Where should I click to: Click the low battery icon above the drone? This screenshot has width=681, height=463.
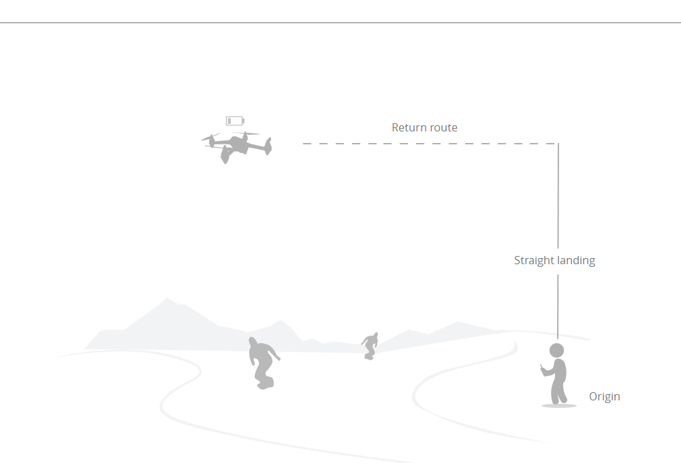(235, 121)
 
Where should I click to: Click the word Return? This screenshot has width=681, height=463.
(407, 127)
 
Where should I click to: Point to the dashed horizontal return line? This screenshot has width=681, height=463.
(430, 144)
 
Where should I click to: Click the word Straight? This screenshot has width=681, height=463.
(534, 261)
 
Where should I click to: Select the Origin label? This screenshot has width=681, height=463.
(605, 396)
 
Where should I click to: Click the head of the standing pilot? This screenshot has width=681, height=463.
(557, 351)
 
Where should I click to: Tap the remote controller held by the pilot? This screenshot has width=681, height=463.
(541, 368)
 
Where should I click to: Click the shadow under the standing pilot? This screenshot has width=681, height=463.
(559, 406)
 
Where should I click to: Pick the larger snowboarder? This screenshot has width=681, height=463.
(262, 363)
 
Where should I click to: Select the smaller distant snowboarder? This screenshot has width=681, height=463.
(370, 346)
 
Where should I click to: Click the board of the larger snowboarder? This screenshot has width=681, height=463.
(266, 383)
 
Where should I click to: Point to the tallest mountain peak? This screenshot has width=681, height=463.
(167, 298)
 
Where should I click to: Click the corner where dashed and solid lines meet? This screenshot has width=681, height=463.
(558, 144)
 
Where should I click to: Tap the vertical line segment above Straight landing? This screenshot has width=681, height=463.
(558, 196)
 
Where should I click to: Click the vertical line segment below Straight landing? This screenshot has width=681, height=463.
(558, 306)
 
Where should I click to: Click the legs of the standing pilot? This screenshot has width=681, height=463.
(558, 392)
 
